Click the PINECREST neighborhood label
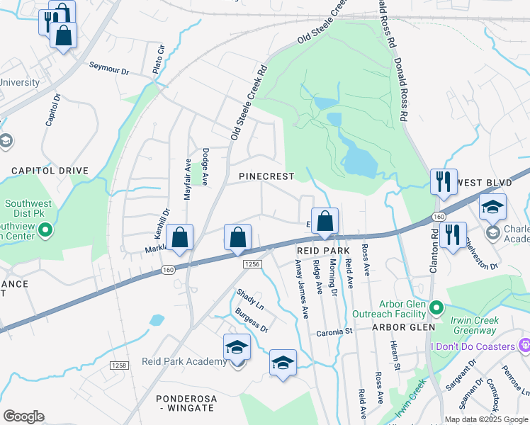(x=266, y=176)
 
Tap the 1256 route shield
(x=252, y=264)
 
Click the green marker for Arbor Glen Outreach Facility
(x=436, y=307)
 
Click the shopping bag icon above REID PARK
(x=325, y=220)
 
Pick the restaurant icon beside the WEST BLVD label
(x=444, y=181)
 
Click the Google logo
(x=23, y=416)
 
